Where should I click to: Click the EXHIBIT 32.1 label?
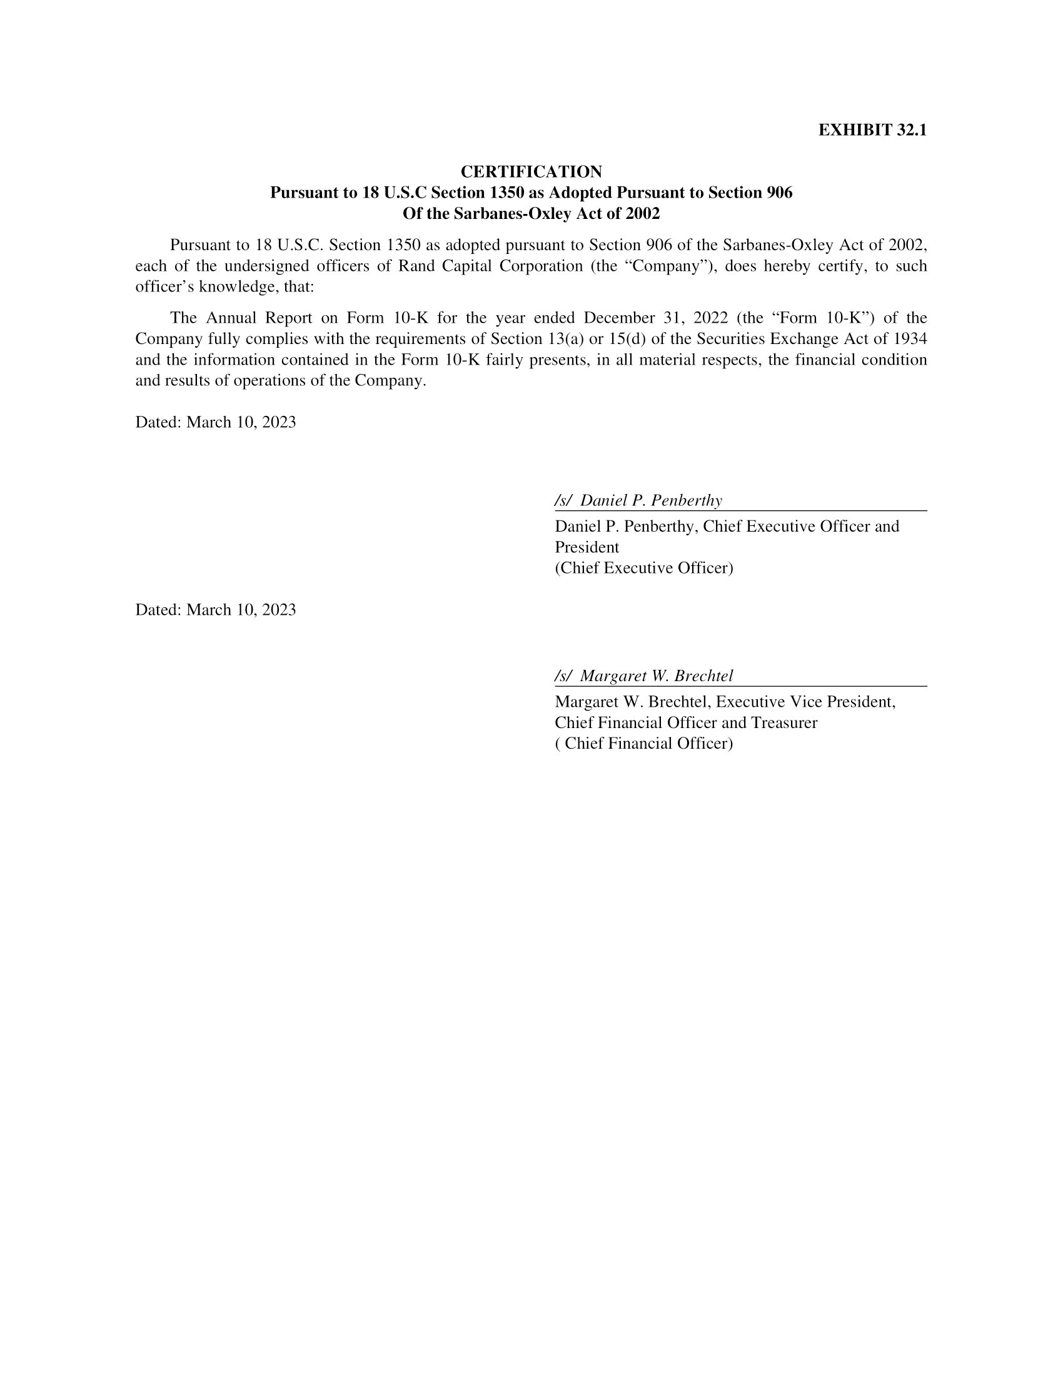[x=872, y=130]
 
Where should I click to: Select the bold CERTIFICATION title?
[x=531, y=171]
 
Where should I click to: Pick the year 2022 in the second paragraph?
[x=710, y=318]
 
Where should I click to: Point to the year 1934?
[x=910, y=339]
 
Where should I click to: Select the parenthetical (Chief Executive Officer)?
[x=643, y=568]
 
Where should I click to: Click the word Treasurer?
[x=783, y=722]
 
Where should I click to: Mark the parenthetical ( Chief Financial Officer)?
[x=643, y=744]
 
